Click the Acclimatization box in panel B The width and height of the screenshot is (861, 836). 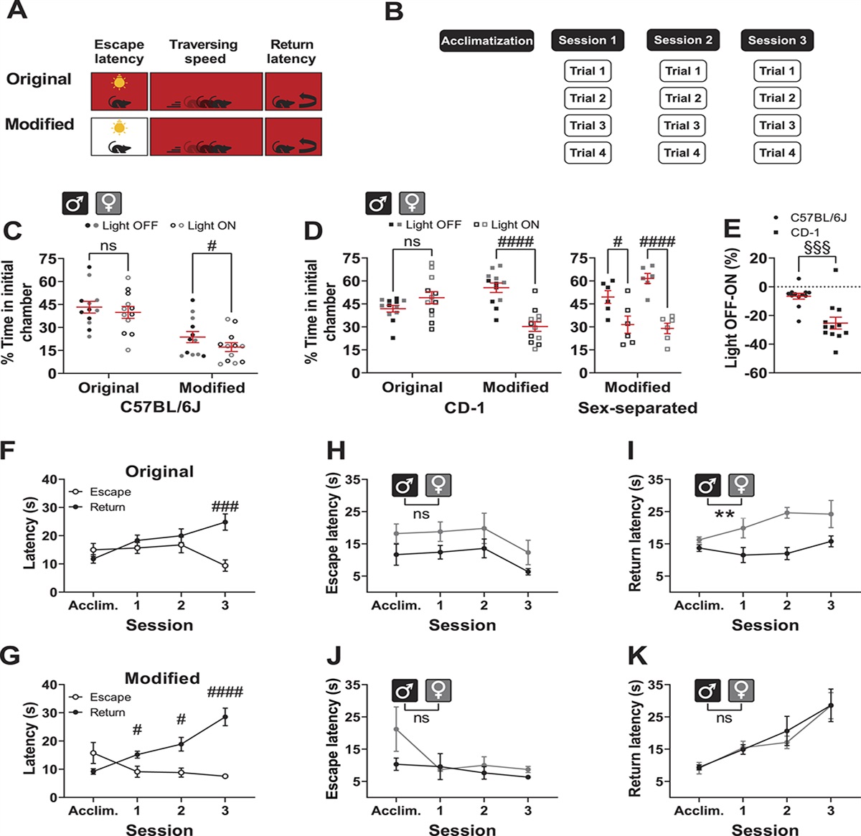[486, 41]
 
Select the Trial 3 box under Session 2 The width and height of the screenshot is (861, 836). [682, 126]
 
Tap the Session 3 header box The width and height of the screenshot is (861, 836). [777, 41]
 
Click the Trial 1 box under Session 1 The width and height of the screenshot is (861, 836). [588, 71]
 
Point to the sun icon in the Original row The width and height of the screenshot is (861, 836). [119, 82]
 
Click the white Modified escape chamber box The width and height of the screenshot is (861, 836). [120, 137]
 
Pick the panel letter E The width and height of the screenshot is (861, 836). [732, 229]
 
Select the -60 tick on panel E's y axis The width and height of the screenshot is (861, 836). [757, 373]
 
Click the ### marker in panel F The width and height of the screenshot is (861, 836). [225, 507]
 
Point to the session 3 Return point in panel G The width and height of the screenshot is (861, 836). [225, 717]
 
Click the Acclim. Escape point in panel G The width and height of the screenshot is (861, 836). [93, 753]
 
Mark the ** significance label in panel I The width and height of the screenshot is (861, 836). [724, 515]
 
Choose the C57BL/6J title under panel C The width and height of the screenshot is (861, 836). [160, 408]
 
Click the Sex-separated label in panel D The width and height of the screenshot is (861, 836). [637, 408]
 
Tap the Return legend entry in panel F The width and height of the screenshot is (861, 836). [107, 507]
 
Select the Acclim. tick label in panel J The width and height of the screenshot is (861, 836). [395, 810]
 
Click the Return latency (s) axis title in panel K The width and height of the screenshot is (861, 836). [634, 740]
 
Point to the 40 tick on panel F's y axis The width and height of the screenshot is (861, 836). [50, 479]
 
